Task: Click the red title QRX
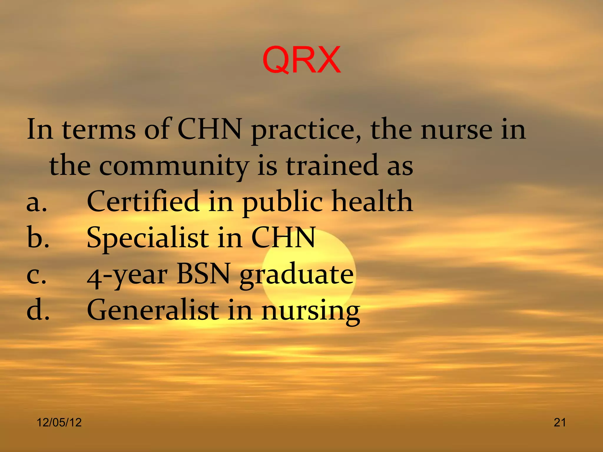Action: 301,60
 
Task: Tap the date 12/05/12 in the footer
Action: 59,422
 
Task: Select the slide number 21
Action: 560,422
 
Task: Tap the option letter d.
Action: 38,310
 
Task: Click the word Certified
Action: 143,202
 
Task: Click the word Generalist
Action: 153,310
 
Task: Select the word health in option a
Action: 372,202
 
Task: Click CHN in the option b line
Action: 283,238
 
